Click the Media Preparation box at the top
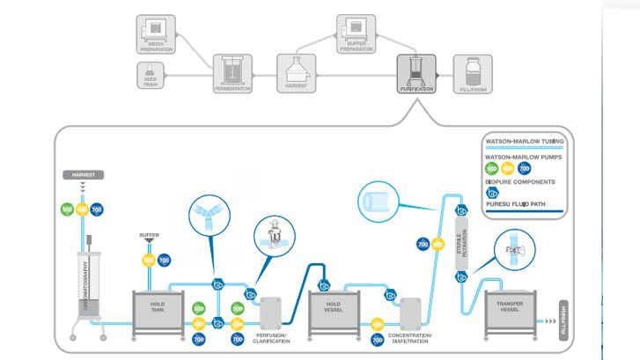(x=156, y=33)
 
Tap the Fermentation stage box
(x=233, y=75)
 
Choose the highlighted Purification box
(x=416, y=75)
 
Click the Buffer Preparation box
(x=357, y=33)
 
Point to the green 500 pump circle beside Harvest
(x=66, y=210)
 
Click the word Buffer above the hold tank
(x=148, y=235)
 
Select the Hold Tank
(x=157, y=311)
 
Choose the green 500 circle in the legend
(x=492, y=167)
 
